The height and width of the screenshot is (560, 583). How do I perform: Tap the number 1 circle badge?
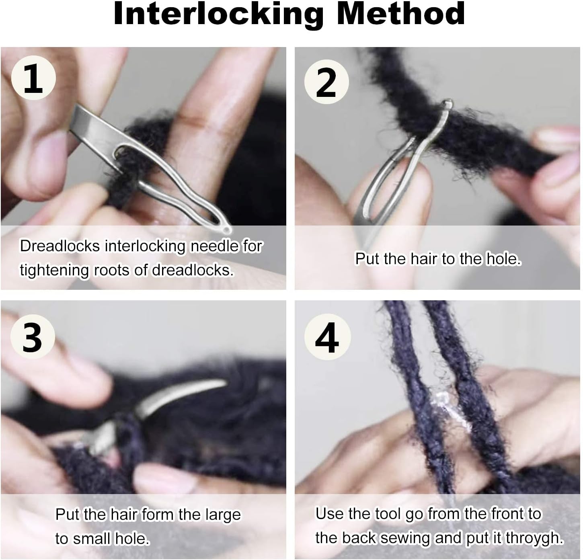point(33,78)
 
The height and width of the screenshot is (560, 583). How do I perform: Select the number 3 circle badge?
point(32,337)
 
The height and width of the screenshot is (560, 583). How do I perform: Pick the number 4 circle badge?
point(327,337)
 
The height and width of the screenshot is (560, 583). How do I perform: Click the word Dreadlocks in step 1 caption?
point(60,246)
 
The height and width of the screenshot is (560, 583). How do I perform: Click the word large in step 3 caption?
point(223,515)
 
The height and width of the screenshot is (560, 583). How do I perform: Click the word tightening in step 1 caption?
point(55,270)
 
